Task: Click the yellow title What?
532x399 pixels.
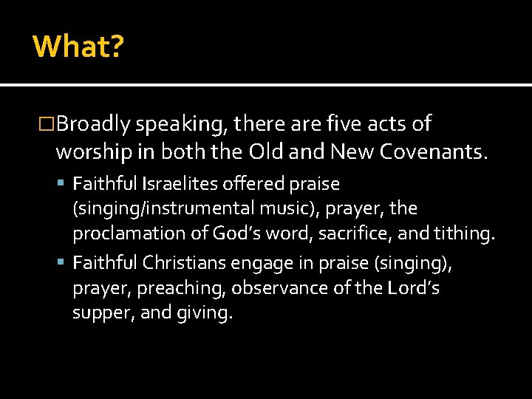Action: (78, 47)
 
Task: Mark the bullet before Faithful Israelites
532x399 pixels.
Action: (64, 183)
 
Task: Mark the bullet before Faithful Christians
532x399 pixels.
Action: (64, 262)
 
